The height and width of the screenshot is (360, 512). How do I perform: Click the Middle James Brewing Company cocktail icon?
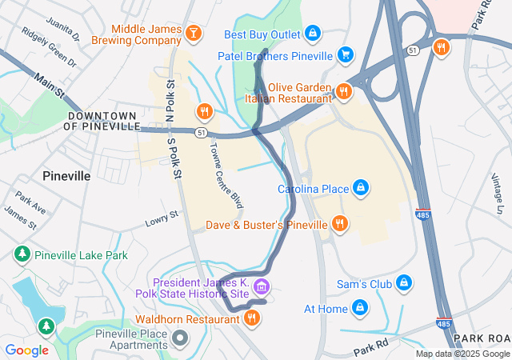[193, 33]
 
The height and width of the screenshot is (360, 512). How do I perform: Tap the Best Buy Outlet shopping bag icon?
[314, 34]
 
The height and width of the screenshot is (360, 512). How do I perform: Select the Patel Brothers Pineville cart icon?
[346, 55]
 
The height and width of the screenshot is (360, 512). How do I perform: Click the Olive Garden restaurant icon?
[344, 91]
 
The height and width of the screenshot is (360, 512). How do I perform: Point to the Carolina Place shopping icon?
[362, 189]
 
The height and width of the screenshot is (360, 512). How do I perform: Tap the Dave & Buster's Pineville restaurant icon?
[340, 224]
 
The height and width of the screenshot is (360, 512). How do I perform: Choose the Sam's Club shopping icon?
[405, 284]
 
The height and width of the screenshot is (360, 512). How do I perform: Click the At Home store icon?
[361, 308]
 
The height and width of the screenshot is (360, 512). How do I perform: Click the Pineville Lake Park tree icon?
[22, 255]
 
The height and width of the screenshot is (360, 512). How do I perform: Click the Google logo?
[26, 350]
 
